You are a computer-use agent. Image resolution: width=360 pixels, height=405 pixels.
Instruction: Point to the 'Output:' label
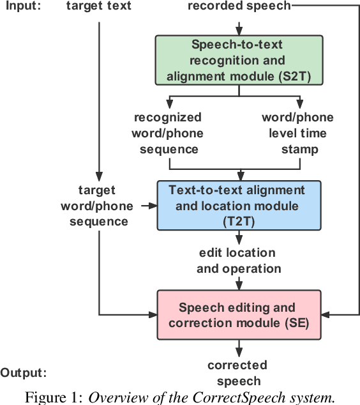coord(24,372)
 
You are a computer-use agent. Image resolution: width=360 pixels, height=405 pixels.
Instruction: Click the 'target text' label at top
coord(99,6)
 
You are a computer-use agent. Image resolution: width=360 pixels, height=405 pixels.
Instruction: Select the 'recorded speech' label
coord(239,6)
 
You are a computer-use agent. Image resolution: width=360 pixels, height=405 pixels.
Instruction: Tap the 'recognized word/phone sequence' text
coord(168,133)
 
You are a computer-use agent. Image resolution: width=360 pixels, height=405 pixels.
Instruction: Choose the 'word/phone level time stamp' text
coord(298,133)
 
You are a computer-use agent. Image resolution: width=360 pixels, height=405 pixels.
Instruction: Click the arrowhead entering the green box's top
coord(239,31)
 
